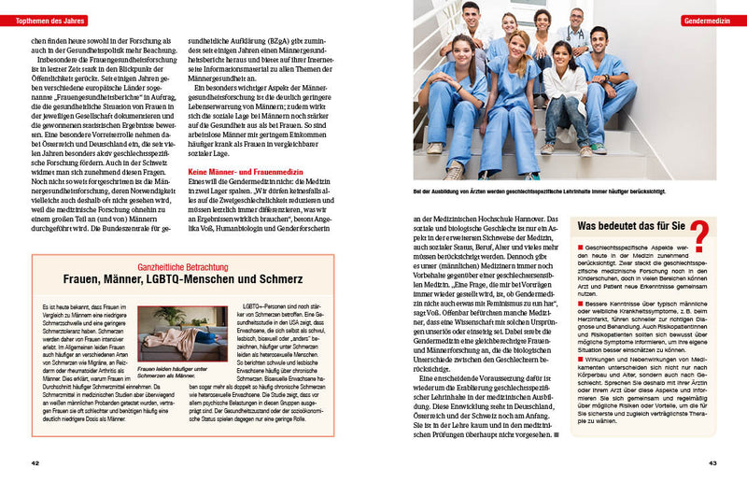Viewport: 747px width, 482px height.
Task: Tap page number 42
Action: coord(35,463)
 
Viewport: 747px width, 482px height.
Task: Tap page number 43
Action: coord(712,463)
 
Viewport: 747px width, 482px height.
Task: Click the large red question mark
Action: coord(697,234)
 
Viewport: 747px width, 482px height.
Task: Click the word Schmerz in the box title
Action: coord(282,280)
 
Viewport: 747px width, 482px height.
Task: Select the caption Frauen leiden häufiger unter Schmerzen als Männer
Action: coord(182,373)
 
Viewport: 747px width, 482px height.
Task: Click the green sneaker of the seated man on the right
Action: coord(599,148)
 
